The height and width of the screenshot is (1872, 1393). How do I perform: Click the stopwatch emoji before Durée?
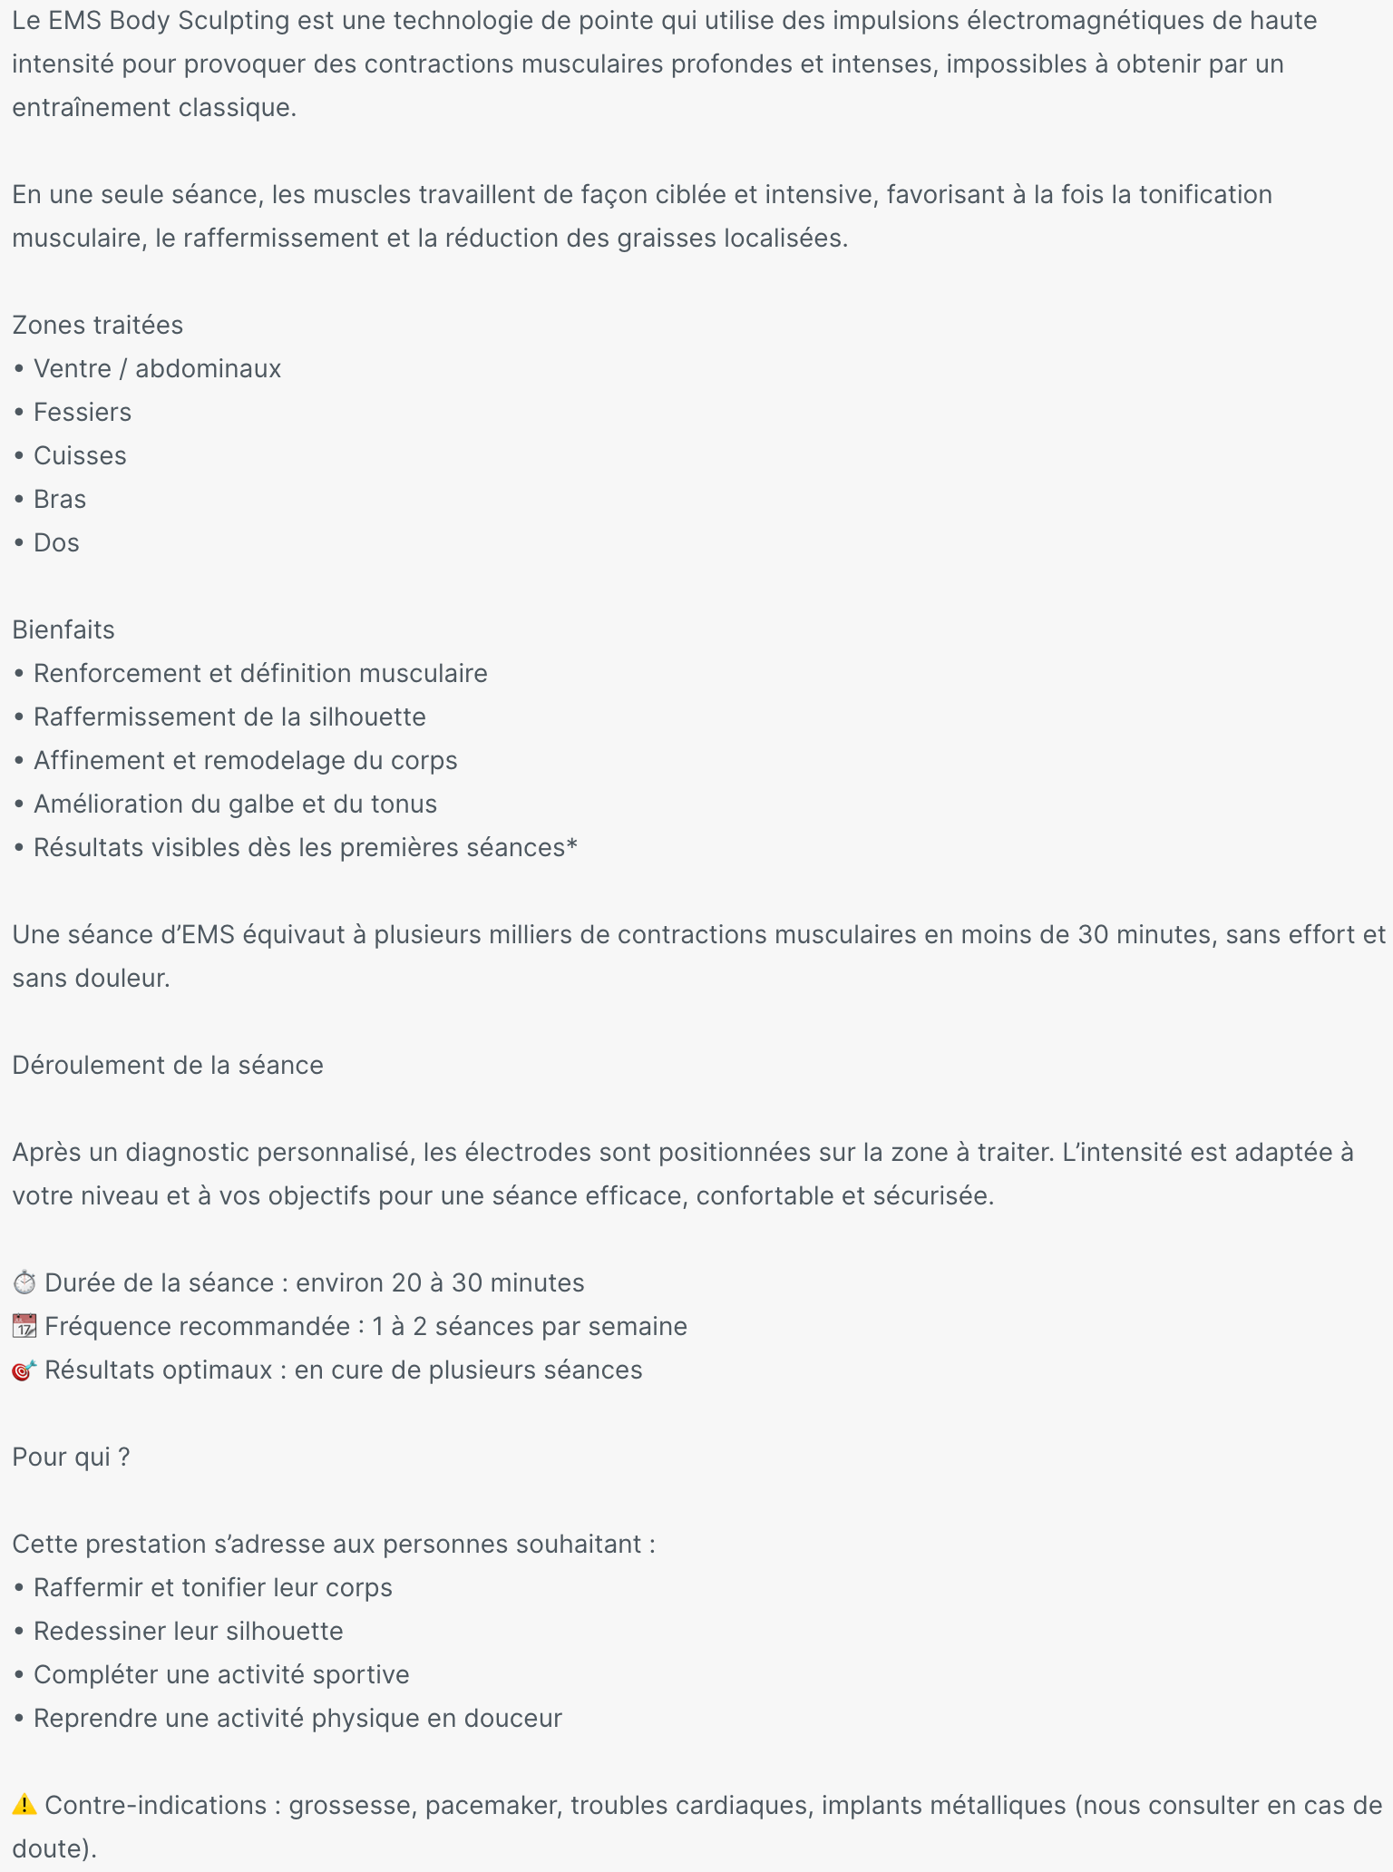pyautogui.click(x=24, y=1282)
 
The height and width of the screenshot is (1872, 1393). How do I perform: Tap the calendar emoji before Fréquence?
pyautogui.click(x=24, y=1326)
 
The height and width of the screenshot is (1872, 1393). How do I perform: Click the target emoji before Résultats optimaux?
pyautogui.click(x=24, y=1370)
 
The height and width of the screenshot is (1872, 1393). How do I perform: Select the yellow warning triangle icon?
pyautogui.click(x=24, y=1805)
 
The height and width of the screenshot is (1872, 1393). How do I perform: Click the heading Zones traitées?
pyautogui.click(x=97, y=325)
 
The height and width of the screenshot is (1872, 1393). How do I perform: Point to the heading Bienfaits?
pyautogui.click(x=63, y=629)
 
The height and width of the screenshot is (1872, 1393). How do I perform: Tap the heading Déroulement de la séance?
pyautogui.click(x=168, y=1065)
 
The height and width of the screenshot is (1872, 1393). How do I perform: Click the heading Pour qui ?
pyautogui.click(x=71, y=1457)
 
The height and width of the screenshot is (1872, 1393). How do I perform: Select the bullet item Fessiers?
pyautogui.click(x=82, y=412)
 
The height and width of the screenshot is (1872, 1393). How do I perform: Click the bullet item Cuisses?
pyautogui.click(x=80, y=455)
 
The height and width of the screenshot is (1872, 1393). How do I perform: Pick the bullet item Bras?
pyautogui.click(x=60, y=499)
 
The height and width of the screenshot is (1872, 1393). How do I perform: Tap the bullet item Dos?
pyautogui.click(x=56, y=542)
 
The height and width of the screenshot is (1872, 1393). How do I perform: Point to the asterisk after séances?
pyautogui.click(x=571, y=845)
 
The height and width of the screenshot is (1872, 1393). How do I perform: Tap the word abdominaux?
pyautogui.click(x=208, y=368)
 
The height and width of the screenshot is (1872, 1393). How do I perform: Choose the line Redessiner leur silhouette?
pyautogui.click(x=188, y=1631)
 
